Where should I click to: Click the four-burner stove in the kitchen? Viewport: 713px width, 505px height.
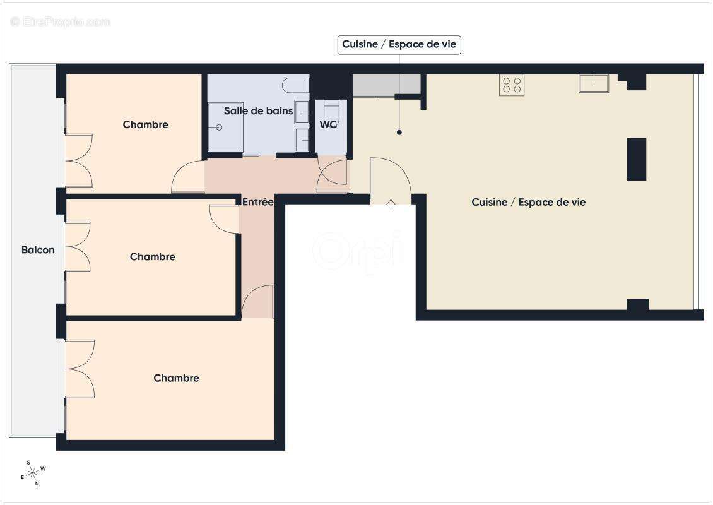512,85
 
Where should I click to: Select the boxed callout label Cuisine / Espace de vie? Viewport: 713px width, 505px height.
399,45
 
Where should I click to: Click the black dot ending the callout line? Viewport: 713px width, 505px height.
399,133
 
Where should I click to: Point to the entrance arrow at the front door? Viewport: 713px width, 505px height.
391,203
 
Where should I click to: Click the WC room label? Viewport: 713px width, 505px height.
328,125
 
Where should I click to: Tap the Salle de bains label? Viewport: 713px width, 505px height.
258,111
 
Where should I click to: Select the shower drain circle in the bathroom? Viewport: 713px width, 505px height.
220,128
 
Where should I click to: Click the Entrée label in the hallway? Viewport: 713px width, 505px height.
257,203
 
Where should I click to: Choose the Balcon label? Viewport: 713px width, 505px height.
38,250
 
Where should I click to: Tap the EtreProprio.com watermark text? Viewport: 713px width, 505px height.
61,22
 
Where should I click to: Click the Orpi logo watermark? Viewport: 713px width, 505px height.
358,250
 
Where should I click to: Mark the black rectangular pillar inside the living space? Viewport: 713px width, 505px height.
636,159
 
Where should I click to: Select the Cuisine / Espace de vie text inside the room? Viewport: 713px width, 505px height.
528,202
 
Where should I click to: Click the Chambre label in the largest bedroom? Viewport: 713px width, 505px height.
176,378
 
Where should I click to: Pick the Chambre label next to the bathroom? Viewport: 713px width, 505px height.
145,125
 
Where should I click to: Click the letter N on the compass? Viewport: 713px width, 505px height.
37,484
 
